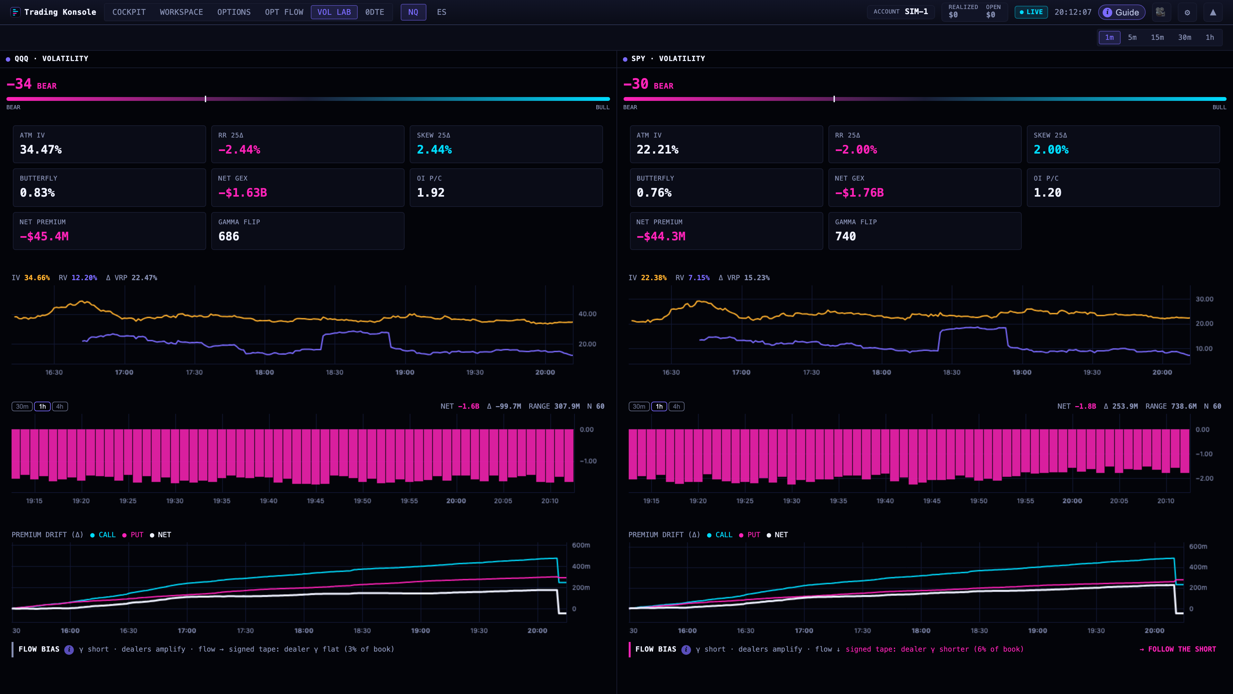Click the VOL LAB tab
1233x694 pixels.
tap(334, 12)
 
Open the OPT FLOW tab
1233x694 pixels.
tap(284, 12)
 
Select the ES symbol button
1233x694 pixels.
tap(441, 12)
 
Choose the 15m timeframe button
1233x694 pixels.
tap(1157, 37)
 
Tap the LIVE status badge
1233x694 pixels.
tap(1031, 12)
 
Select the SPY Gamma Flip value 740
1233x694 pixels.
tap(845, 236)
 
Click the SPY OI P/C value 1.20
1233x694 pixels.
tap(1047, 192)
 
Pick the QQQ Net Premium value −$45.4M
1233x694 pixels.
tap(44, 236)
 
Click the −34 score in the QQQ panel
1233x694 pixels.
tap(19, 84)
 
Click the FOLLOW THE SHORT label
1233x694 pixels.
tap(1178, 649)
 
